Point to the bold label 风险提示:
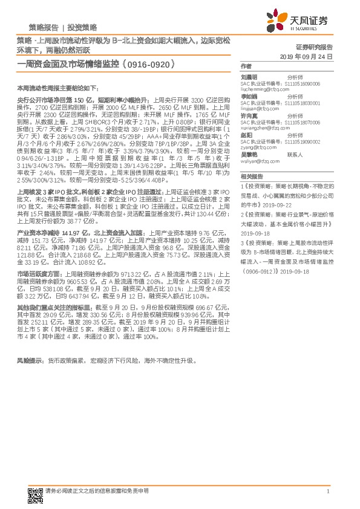31,360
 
